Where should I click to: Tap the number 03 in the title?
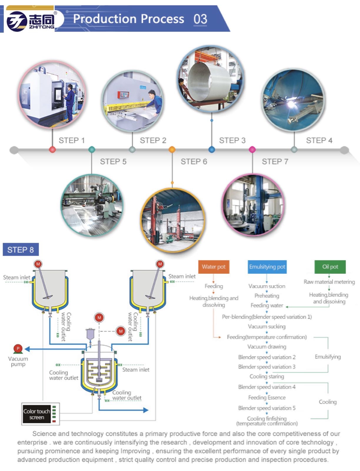(200, 19)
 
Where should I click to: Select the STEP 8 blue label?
(21, 250)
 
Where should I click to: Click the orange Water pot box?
(213, 267)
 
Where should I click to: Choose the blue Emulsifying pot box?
(267, 267)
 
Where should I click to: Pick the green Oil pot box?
(330, 267)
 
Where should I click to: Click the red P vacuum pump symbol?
(18, 349)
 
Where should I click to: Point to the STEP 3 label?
(232, 140)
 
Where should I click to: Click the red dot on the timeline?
(52, 150)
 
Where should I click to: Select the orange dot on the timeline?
(172, 150)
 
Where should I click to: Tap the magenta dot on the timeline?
(252, 150)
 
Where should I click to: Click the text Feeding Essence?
(267, 397)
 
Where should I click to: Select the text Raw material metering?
(329, 282)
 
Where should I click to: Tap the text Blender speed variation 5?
(267, 408)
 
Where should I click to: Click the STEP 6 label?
(194, 161)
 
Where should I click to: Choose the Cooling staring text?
(267, 376)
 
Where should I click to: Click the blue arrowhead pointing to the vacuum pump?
(27, 349)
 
